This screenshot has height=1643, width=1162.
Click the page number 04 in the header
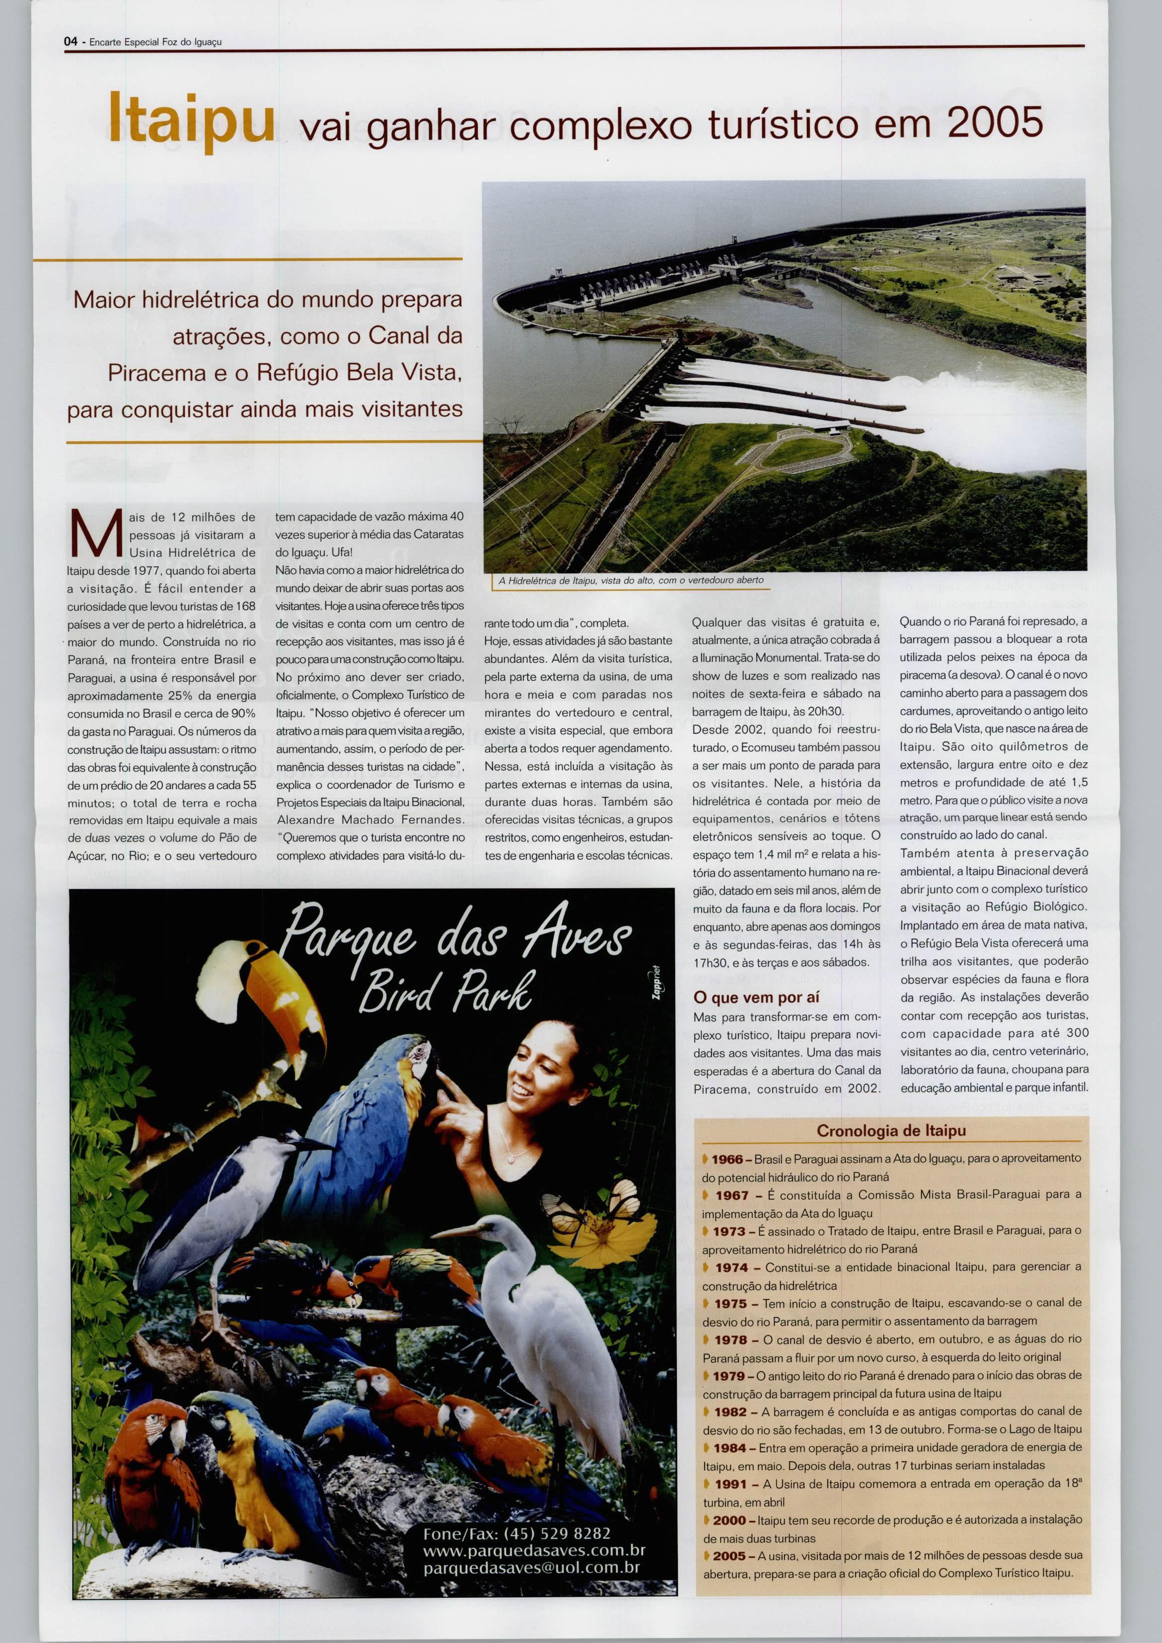[x=70, y=42]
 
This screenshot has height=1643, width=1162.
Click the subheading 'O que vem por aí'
[x=756, y=997]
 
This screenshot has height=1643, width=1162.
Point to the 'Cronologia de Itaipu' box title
[x=891, y=1130]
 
